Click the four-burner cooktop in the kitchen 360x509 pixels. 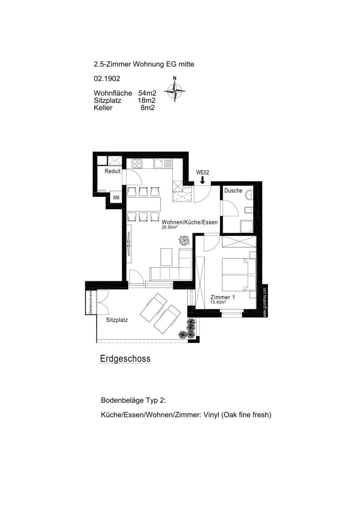[x=137, y=163]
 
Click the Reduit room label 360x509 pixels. [x=112, y=171]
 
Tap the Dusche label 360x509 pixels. [x=233, y=190]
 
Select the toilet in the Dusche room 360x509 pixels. [x=249, y=210]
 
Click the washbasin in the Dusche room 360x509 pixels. [x=249, y=195]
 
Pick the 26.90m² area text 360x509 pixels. [x=169, y=227]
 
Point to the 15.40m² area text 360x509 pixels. [x=218, y=302]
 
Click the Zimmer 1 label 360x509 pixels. [x=223, y=297]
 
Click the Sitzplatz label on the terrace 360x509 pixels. [x=117, y=320]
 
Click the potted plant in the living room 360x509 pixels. [x=184, y=240]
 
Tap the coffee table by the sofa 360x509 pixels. [x=166, y=257]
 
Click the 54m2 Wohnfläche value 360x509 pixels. [x=147, y=93]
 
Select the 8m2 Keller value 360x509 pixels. [x=148, y=108]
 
